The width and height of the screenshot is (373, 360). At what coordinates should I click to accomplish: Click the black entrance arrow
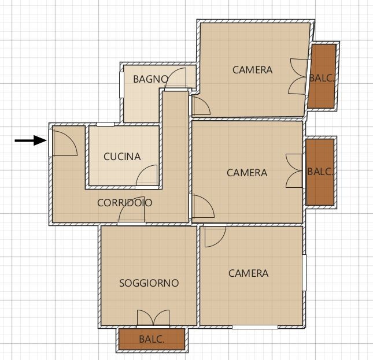coord(31,140)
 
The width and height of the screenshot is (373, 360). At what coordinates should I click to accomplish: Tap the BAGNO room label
coord(151,79)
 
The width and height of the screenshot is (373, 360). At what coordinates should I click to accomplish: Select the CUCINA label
coord(122,157)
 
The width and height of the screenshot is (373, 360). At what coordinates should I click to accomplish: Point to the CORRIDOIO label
coord(125,202)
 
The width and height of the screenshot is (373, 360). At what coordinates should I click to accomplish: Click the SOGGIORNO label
coord(149,283)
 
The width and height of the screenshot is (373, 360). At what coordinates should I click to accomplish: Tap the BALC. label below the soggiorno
coord(152,339)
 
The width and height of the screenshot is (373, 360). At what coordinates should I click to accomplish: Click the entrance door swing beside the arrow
coord(65,143)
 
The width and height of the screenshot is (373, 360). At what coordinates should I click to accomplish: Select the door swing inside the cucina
coord(146,175)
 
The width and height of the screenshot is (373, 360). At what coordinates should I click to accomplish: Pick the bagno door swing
coord(176,78)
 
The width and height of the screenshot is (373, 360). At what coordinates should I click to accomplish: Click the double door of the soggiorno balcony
coord(153,318)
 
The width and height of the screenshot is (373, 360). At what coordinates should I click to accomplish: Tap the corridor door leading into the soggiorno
coord(131,210)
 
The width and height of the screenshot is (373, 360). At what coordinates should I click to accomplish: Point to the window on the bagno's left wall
coord(121,85)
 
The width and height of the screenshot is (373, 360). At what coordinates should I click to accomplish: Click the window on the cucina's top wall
coord(105,124)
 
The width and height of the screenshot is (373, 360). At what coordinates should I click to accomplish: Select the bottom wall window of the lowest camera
coord(255,327)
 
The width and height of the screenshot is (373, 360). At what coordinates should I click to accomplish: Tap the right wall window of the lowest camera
coord(304,273)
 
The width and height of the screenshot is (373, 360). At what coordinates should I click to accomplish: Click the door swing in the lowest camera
coord(215,237)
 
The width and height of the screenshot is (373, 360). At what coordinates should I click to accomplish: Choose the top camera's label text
coord(252,70)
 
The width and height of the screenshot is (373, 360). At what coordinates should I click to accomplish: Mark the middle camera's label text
coord(247,173)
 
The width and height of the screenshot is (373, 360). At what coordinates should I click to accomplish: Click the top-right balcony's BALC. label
coord(322,78)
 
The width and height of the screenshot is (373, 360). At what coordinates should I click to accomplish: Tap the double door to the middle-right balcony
coord(294,171)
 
